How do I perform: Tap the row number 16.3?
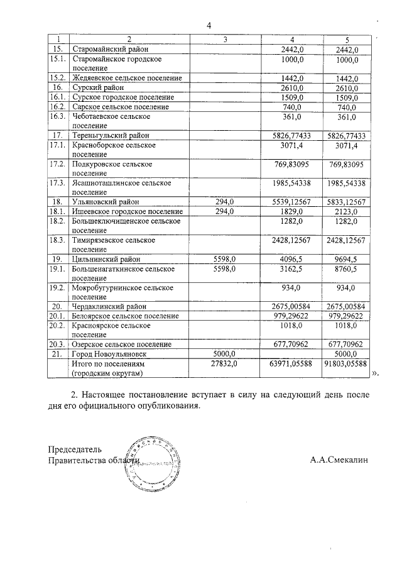pyautogui.click(x=58, y=116)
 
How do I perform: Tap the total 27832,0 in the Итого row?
pyautogui.click(x=225, y=363)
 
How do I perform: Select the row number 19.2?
pyautogui.click(x=58, y=288)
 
